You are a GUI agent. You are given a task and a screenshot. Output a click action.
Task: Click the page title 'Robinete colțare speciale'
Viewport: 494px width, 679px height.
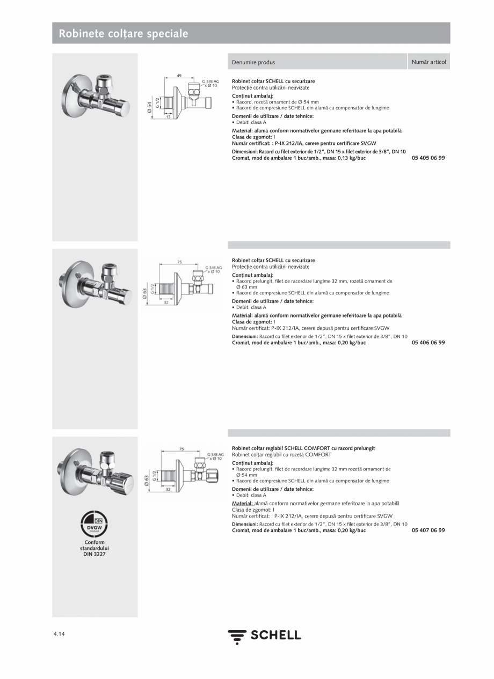[x=123, y=34]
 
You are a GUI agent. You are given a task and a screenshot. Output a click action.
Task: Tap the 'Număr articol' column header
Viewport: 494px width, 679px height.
[x=428, y=62]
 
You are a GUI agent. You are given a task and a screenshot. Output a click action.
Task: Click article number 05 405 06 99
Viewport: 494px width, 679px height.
[x=428, y=158]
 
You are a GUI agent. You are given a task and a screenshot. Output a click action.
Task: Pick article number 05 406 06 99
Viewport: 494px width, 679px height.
[x=428, y=343]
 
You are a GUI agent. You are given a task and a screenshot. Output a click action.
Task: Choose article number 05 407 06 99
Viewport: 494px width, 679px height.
[x=428, y=530]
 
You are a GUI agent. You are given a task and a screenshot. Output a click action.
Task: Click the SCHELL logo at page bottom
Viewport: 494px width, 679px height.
[x=264, y=636]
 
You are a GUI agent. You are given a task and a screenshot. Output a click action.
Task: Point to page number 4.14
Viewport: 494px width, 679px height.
[x=59, y=634]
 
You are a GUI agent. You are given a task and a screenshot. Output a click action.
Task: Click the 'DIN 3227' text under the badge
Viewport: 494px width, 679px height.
[x=95, y=554]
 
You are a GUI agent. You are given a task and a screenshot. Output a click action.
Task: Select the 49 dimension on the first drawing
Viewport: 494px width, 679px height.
[x=179, y=76]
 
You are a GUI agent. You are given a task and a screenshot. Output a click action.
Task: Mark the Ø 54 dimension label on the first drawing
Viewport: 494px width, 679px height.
[x=150, y=107]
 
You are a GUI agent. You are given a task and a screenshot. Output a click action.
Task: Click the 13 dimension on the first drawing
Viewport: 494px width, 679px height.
[x=168, y=117]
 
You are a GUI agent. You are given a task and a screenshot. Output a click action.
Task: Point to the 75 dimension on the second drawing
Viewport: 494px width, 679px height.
[x=179, y=262]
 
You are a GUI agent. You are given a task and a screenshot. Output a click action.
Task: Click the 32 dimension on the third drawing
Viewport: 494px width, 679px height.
[x=168, y=490]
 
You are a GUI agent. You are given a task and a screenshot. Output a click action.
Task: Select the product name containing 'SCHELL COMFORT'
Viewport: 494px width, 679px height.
[x=303, y=448]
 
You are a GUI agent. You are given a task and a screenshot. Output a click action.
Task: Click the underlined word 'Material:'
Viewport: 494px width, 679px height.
[x=242, y=504]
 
